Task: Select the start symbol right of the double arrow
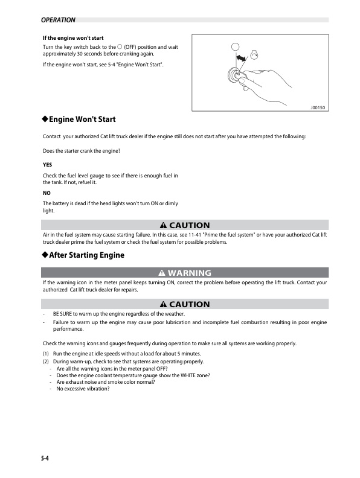click(x=254, y=55)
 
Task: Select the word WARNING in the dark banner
click(x=189, y=273)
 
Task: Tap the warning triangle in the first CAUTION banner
click(x=163, y=226)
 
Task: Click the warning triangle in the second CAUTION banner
click(x=163, y=304)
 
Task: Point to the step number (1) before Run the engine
click(x=46, y=353)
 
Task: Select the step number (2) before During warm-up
click(x=46, y=361)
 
